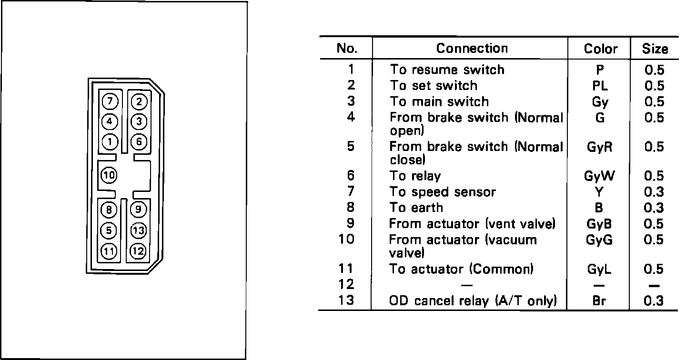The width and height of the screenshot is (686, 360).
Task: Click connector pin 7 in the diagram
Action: (110, 101)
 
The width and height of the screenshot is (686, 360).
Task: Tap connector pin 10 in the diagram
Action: (109, 175)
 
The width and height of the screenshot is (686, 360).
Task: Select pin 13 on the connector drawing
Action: (138, 230)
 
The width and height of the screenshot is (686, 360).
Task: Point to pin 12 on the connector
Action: (138, 250)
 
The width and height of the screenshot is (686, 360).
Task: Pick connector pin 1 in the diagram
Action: (110, 141)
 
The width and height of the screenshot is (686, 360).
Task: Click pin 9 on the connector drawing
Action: (138, 209)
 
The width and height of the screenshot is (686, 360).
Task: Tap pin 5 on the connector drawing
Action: (110, 230)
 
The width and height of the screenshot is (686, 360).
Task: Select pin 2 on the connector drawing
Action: (139, 101)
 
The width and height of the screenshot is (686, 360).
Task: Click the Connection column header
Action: (472, 49)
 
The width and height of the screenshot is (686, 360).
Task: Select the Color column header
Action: (600, 49)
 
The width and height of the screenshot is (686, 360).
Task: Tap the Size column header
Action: (655, 49)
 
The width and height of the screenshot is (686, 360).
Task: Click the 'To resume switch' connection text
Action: (447, 70)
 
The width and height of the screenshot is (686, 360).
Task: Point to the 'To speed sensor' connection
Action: (443, 192)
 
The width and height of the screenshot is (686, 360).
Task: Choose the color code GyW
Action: (599, 177)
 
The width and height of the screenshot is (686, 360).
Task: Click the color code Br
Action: (599, 301)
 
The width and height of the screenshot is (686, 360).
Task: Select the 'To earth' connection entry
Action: (416, 208)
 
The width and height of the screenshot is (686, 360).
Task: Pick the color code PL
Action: (599, 86)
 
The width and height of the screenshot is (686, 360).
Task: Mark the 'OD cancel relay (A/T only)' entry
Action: (473, 301)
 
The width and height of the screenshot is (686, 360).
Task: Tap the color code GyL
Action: (599, 270)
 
